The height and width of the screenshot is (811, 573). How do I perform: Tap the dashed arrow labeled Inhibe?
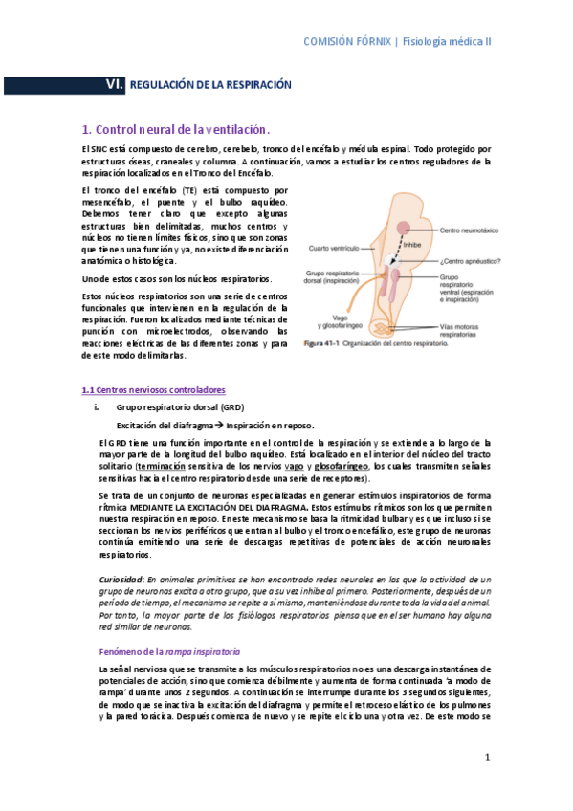pos(400,245)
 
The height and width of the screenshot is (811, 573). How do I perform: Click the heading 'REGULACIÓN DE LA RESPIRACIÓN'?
pos(209,85)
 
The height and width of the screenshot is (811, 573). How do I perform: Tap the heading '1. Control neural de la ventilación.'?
pos(176,129)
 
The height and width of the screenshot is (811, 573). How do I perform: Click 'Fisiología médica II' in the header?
pos(447,42)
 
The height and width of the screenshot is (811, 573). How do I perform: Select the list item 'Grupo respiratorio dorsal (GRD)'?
pos(180,407)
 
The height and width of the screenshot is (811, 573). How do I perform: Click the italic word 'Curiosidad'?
pos(121,581)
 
